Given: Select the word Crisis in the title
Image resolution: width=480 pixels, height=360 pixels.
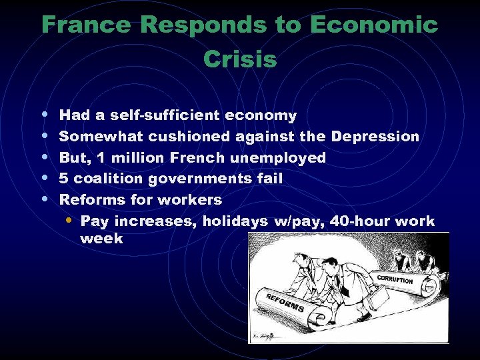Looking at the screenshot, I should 240,59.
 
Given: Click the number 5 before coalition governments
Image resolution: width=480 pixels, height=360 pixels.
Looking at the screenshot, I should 64,179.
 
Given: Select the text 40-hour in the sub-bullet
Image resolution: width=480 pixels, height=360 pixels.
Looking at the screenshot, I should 363,221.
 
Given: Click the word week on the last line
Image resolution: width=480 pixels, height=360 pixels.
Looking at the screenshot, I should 101,238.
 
